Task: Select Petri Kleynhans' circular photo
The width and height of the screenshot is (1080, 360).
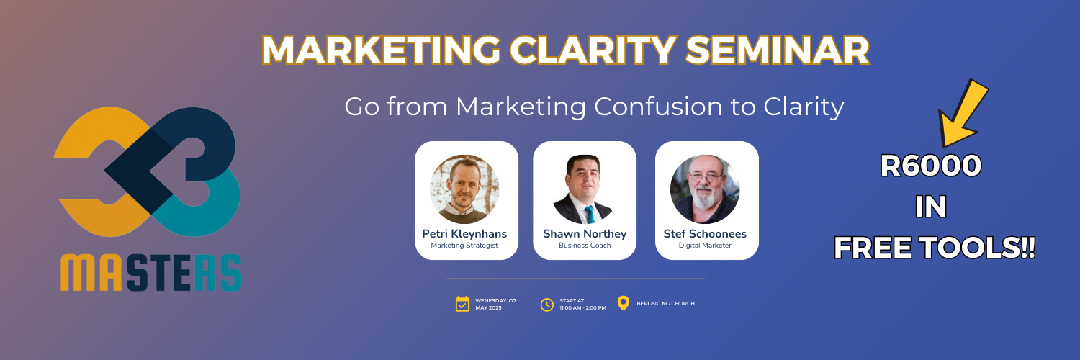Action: [464, 189]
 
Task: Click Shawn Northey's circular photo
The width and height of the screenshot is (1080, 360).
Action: [584, 189]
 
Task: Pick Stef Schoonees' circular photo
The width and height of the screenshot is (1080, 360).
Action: [705, 189]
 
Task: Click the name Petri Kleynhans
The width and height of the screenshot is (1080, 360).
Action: [464, 234]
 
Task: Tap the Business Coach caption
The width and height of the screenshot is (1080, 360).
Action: [584, 246]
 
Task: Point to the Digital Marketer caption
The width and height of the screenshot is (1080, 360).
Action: [705, 246]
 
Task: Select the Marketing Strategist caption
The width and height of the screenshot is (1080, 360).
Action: [464, 246]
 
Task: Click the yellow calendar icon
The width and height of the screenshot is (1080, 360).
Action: [462, 304]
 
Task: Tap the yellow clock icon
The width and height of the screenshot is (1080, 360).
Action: [547, 304]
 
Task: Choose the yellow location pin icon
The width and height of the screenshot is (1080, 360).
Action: [624, 303]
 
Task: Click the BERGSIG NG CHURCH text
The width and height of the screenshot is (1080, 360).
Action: [665, 304]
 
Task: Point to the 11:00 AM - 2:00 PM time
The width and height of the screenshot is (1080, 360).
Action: [582, 307]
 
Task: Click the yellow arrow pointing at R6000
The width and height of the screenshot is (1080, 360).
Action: [964, 115]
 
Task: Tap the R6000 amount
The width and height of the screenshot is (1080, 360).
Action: [931, 167]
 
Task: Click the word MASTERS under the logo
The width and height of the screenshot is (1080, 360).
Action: [150, 273]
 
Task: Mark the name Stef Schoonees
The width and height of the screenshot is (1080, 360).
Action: [705, 234]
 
